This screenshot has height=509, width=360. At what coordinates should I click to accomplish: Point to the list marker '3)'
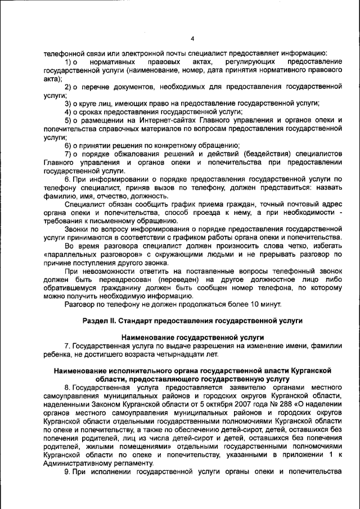[69, 103]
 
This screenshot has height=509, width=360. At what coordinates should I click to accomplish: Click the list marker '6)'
[69, 146]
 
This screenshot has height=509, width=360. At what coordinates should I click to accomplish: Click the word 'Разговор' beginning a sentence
[81, 304]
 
